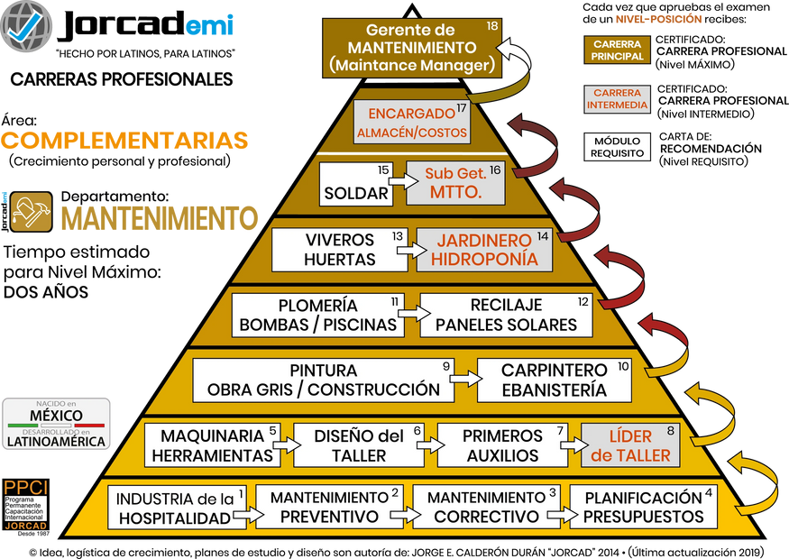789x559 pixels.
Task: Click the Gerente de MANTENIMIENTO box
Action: (x=411, y=47)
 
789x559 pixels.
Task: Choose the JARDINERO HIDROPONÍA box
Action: (x=483, y=249)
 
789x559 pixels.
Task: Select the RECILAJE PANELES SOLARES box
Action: (x=505, y=315)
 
